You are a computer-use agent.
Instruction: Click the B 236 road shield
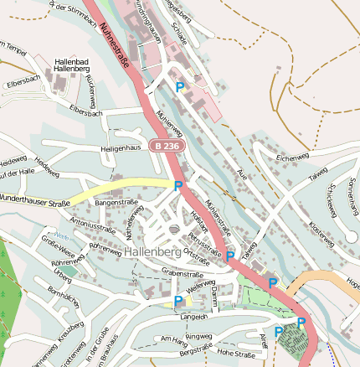pyautogui.click(x=166, y=146)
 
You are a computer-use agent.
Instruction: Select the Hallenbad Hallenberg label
pyautogui.click(x=77, y=65)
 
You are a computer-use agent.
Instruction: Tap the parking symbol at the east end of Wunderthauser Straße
pyautogui.click(x=178, y=184)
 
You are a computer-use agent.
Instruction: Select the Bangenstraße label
pyautogui.click(x=116, y=203)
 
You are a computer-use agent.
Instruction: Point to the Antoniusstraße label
pyautogui.click(x=92, y=225)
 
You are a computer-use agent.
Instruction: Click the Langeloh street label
pyautogui.click(x=193, y=317)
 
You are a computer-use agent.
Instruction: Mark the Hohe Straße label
pyautogui.click(x=235, y=354)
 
